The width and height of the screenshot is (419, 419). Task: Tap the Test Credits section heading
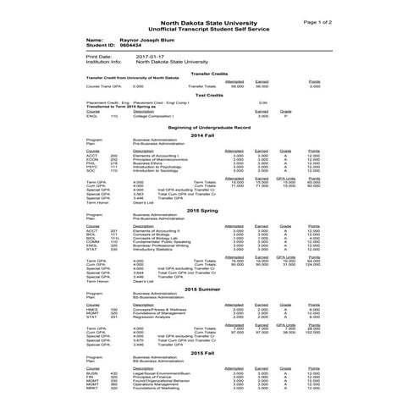pyautogui.click(x=208, y=95)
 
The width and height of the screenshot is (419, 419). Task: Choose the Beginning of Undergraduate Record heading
pyautogui.click(x=208, y=125)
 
